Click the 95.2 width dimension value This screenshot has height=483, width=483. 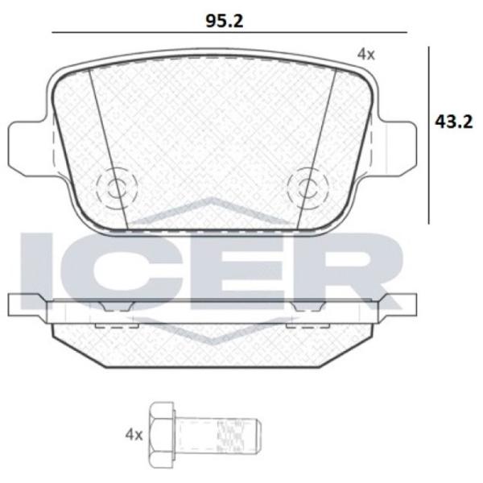[225, 21]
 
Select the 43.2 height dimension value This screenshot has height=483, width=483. [453, 122]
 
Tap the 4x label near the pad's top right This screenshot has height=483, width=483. [365, 55]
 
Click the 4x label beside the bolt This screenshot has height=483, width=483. [134, 436]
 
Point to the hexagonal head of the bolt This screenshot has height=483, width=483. [162, 435]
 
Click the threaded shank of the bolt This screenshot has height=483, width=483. [219, 435]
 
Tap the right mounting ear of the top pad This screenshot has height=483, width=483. [397, 149]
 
